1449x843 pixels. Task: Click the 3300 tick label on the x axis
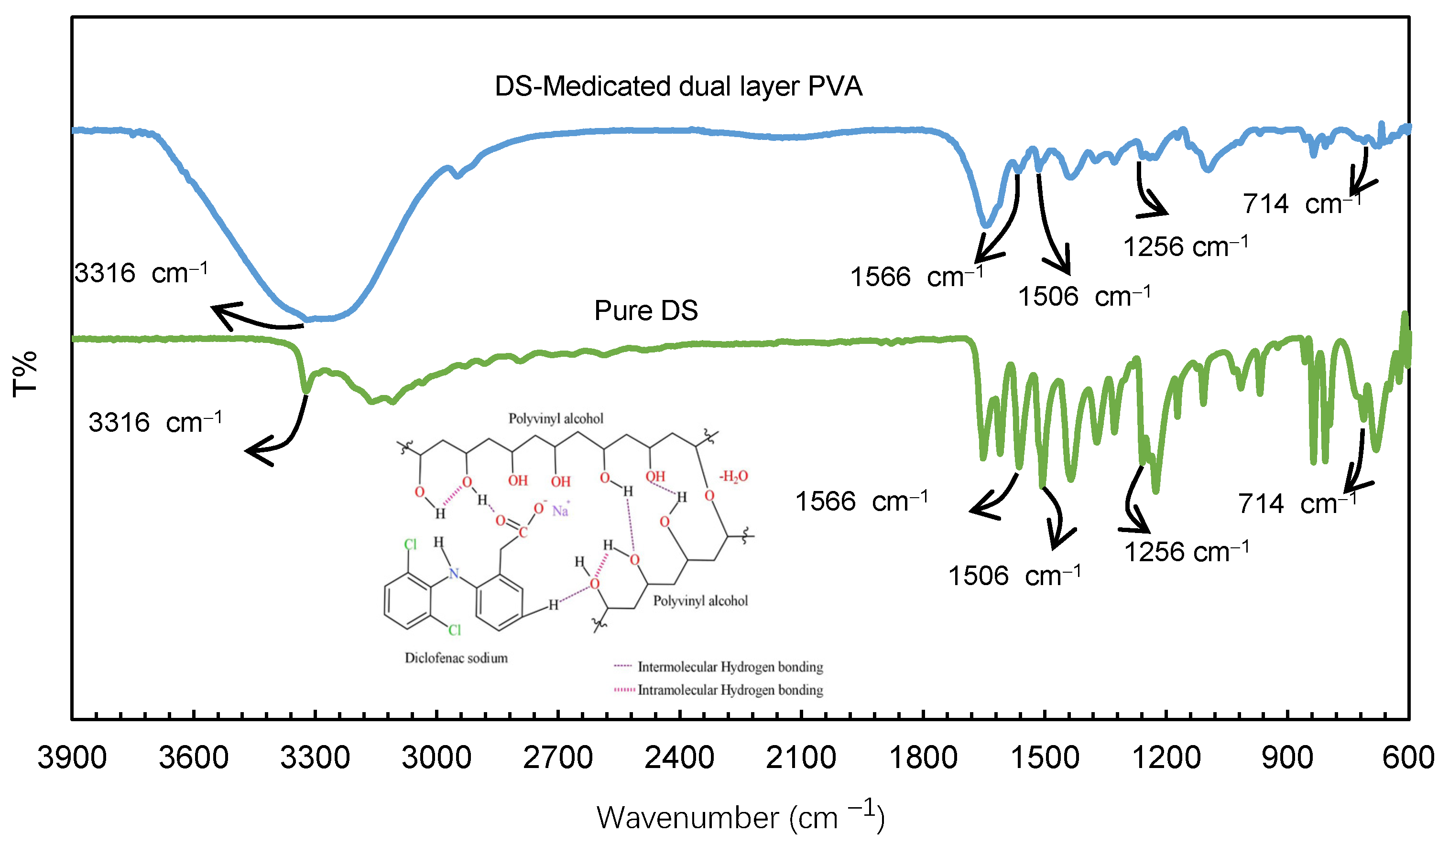315,758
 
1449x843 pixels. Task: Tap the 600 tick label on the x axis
1407,758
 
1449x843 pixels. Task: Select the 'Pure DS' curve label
646,311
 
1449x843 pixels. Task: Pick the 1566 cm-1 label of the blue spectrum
916,277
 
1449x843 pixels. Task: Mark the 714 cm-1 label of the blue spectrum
1302,203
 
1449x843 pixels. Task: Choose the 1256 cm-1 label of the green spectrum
1186,552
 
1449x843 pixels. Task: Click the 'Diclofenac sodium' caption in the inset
456,658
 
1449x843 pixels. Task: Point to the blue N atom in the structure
454,573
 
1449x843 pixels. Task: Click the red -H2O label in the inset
734,476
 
